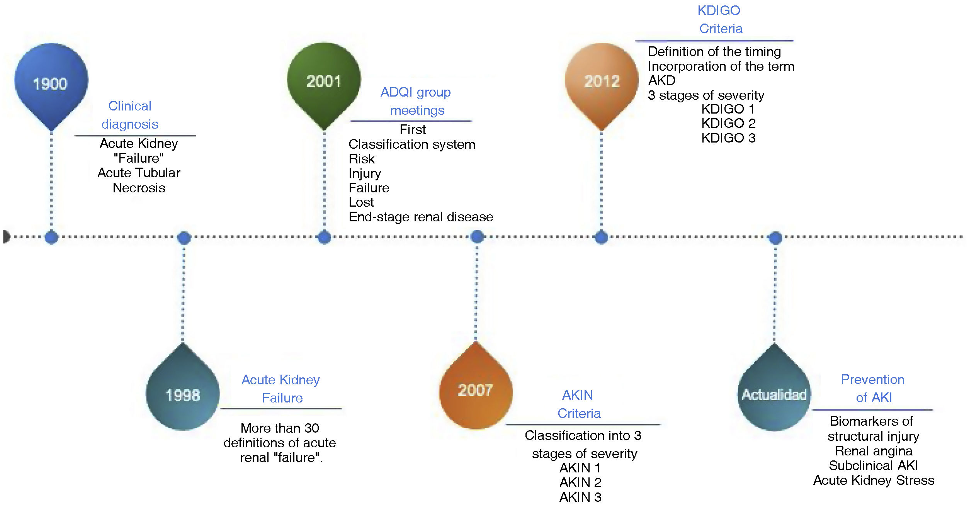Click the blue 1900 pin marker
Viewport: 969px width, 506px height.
[51, 83]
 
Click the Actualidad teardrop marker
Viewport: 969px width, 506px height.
[774, 394]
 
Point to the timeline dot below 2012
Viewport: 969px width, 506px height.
[601, 237]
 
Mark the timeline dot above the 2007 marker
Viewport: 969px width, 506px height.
[477, 236]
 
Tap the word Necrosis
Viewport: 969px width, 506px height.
[139, 188]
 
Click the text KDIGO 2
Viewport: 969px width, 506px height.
[728, 123]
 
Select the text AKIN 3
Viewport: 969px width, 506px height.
[580, 497]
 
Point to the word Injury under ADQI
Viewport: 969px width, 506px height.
[365, 173]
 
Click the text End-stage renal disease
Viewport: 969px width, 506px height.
[421, 217]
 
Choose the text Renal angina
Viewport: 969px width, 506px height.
[873, 451]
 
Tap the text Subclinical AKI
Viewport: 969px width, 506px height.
[873, 465]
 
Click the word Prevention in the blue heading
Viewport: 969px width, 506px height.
[872, 379]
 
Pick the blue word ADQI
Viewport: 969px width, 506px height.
[395, 92]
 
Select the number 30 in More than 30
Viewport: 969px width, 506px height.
[311, 428]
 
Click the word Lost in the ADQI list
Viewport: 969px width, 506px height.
[361, 202]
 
